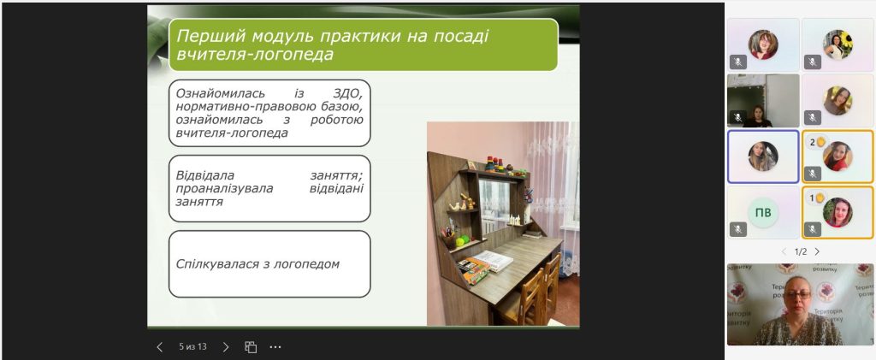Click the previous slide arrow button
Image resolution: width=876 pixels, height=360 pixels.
(x=160, y=347)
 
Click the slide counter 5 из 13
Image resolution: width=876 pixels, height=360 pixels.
(x=192, y=346)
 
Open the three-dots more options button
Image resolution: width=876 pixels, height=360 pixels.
(x=275, y=347)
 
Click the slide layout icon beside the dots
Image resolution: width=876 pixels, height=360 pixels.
(x=251, y=347)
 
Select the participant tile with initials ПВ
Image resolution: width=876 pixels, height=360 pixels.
(x=763, y=213)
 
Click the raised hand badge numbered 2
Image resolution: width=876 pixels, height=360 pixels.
(x=817, y=142)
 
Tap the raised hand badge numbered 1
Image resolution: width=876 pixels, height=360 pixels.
(x=817, y=198)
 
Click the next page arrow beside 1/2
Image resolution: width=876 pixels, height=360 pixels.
(x=817, y=251)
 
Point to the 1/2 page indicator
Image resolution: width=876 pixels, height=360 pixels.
(x=801, y=251)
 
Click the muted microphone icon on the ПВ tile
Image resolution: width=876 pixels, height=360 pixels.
(x=738, y=229)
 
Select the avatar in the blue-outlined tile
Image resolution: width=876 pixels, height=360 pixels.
(x=763, y=156)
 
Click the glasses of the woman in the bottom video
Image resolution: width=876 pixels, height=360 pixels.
(x=798, y=295)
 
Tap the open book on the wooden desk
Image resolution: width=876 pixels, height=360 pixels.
(x=493, y=260)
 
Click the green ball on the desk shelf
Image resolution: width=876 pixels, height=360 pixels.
(x=460, y=242)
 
